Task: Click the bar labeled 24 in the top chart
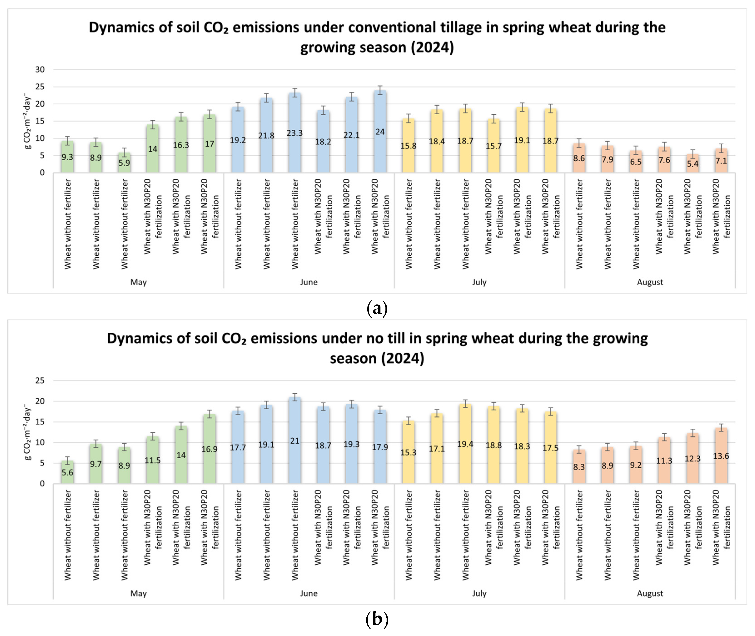380,132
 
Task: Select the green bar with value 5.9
124,163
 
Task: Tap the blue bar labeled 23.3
295,133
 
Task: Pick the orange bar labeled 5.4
693,163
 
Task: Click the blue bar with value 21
295,440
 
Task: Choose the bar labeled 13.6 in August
721,456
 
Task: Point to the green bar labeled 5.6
67,472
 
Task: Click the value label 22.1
352,135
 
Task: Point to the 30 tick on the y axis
40,70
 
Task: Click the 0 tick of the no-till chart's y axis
42,484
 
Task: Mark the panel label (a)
377,309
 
